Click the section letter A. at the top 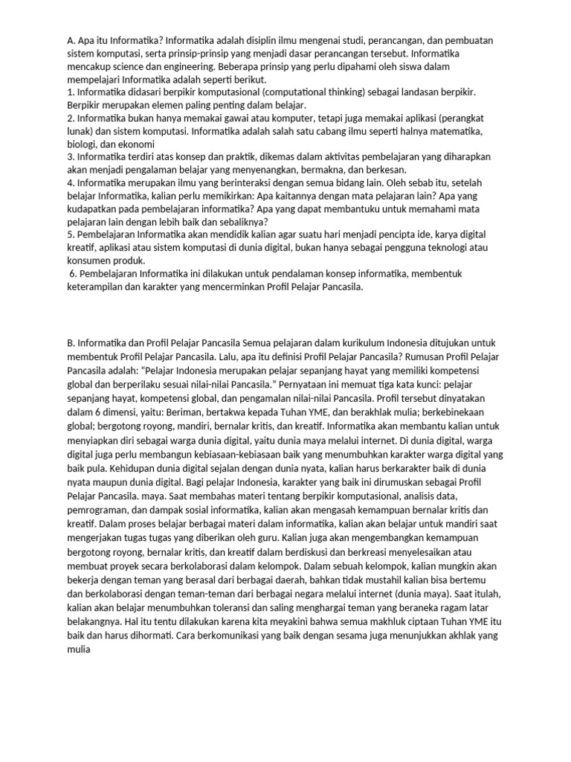71,40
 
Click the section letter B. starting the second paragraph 71,343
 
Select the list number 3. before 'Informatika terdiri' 71,156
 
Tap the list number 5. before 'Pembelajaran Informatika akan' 71,234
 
